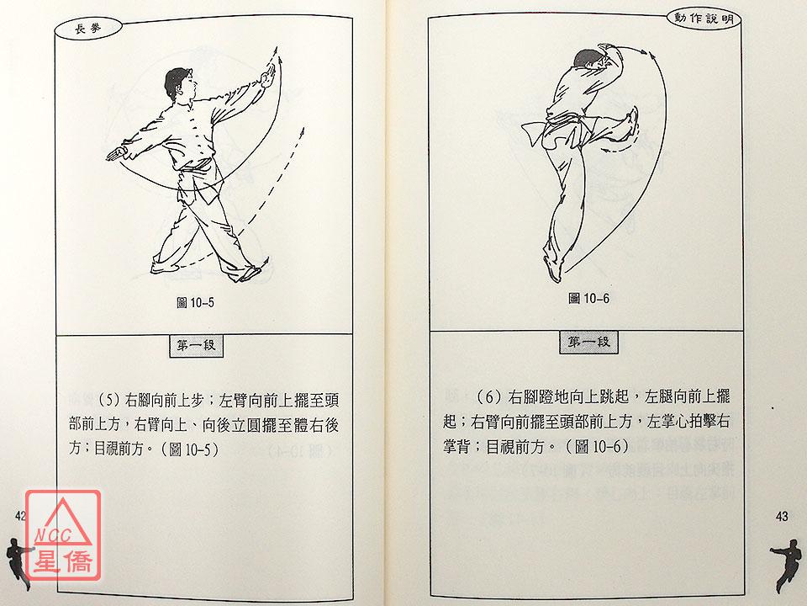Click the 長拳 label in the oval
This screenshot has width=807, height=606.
pyautogui.click(x=88, y=29)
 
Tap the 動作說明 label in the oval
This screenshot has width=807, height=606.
pyautogui.click(x=704, y=19)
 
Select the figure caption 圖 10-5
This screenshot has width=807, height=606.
pyautogui.click(x=195, y=302)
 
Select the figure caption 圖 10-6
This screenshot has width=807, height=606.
pyautogui.click(x=588, y=298)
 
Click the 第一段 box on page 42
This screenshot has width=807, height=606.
pyautogui.click(x=196, y=345)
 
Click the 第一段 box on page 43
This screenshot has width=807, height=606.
pyautogui.click(x=588, y=342)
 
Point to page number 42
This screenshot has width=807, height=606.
pyautogui.click(x=20, y=516)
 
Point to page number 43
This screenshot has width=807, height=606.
pyautogui.click(x=781, y=516)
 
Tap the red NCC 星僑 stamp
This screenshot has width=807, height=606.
pyautogui.click(x=63, y=535)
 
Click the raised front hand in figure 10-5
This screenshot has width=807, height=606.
pyautogui.click(x=267, y=77)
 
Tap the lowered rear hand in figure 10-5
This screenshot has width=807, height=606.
pyautogui.click(x=117, y=153)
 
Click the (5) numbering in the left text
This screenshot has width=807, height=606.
pyautogui.click(x=108, y=401)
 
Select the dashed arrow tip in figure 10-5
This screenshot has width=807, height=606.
pyautogui.click(x=303, y=131)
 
